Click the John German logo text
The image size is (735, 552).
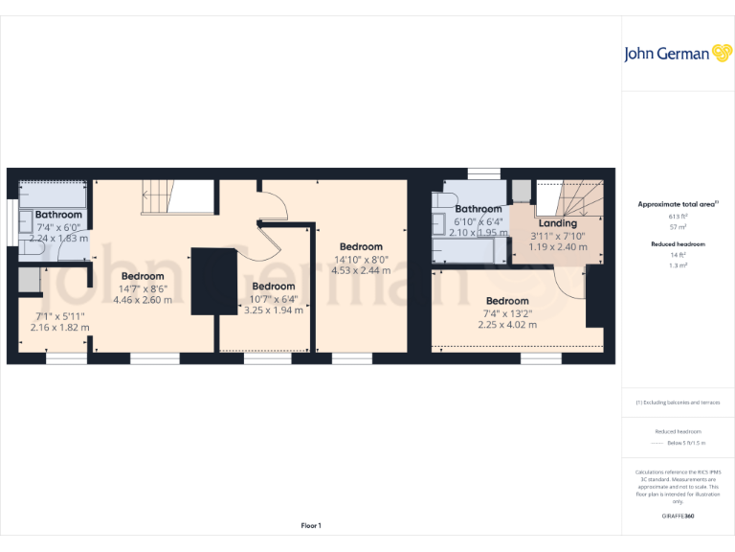point(666,54)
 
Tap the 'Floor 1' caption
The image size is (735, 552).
point(311,525)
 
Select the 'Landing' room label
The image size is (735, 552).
point(558,223)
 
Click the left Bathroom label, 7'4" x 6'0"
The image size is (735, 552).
point(58,215)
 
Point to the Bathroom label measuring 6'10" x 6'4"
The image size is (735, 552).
point(479,209)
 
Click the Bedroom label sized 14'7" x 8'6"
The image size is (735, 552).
point(143,276)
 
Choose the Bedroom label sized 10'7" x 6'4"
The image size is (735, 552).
point(273,286)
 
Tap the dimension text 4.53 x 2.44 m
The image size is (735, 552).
point(361,270)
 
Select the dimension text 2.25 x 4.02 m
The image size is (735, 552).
point(507,325)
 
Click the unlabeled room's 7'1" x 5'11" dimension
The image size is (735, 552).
point(59,315)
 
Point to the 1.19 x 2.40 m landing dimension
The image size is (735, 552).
point(558,246)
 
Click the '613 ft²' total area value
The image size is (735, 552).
point(678,217)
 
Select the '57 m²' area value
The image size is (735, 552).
point(678,227)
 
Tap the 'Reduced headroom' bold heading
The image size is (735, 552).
point(678,243)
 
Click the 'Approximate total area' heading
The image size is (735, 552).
point(677,204)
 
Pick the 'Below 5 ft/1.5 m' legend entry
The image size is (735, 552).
point(685,443)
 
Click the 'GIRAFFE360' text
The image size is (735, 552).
point(678,517)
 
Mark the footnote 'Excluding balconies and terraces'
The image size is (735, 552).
point(678,402)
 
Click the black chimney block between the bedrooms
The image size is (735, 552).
point(213,281)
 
